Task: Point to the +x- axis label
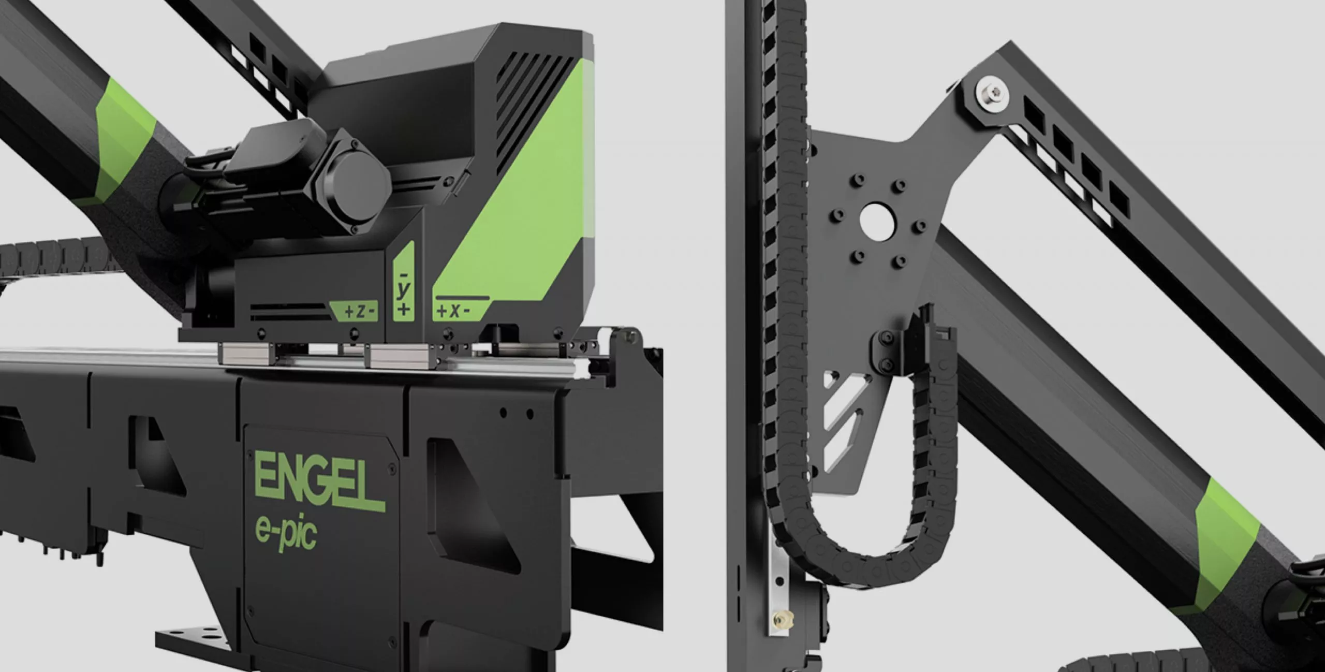pyautogui.click(x=453, y=311)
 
